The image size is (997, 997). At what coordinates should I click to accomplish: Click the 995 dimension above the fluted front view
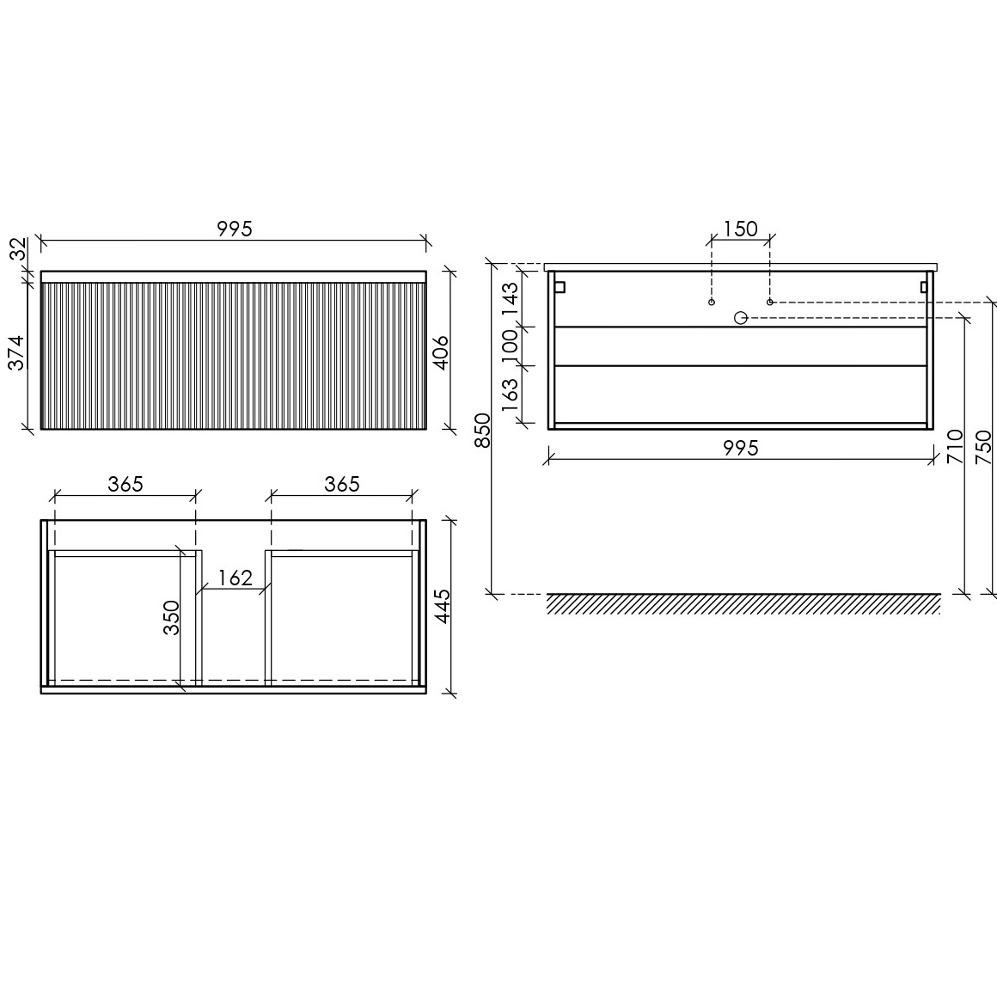tap(235, 229)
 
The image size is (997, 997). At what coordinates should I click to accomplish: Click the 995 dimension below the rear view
tap(741, 449)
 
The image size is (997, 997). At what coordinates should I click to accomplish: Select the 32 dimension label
tap(19, 248)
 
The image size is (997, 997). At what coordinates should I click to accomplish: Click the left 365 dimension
tap(125, 485)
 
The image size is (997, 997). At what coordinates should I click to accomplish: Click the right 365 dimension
tap(342, 485)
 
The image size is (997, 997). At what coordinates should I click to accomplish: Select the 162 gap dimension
tap(235, 578)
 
